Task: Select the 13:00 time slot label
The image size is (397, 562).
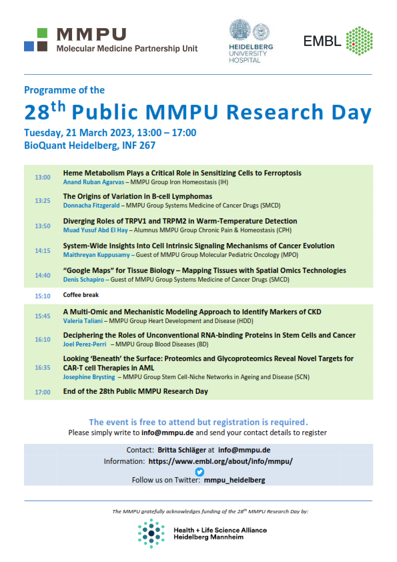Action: coord(43,178)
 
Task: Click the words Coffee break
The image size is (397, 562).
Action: coord(82,294)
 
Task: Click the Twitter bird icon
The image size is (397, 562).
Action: coord(199,471)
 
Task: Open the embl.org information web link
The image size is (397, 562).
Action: coord(220,461)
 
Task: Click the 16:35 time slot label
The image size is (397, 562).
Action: coord(43,367)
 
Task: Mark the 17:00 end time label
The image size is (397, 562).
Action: coord(43,392)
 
